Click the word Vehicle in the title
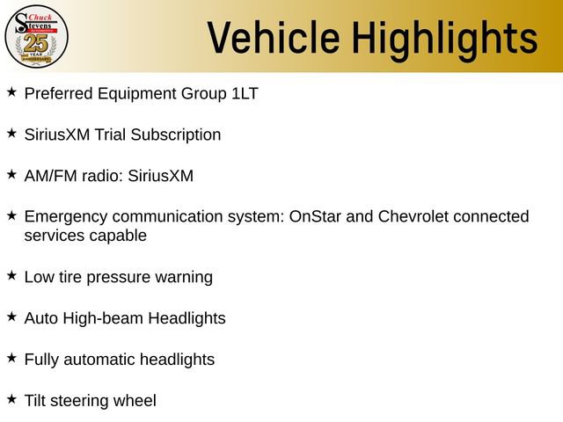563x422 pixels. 268,37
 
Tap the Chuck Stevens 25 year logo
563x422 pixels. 36,36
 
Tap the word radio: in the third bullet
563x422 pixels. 99,176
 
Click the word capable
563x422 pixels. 116,236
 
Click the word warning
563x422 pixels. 184,278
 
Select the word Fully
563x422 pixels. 42,360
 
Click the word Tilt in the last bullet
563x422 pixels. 35,401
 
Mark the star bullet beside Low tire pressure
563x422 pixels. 11,276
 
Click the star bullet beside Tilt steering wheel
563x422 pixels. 11,399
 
